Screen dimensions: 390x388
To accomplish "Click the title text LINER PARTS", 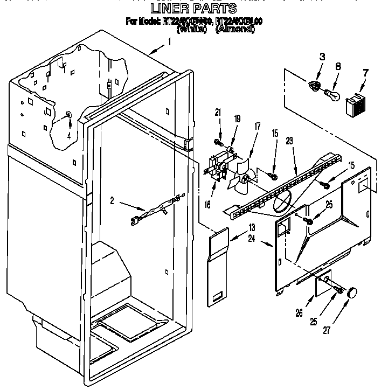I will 193,8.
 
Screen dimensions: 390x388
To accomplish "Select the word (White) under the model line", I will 191,29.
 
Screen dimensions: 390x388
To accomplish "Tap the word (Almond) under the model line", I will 235,29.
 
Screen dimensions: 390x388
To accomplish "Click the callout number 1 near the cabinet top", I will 169,41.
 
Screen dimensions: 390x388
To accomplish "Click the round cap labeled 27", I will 353,292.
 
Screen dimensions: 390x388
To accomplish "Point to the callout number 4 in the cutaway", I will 69,135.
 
